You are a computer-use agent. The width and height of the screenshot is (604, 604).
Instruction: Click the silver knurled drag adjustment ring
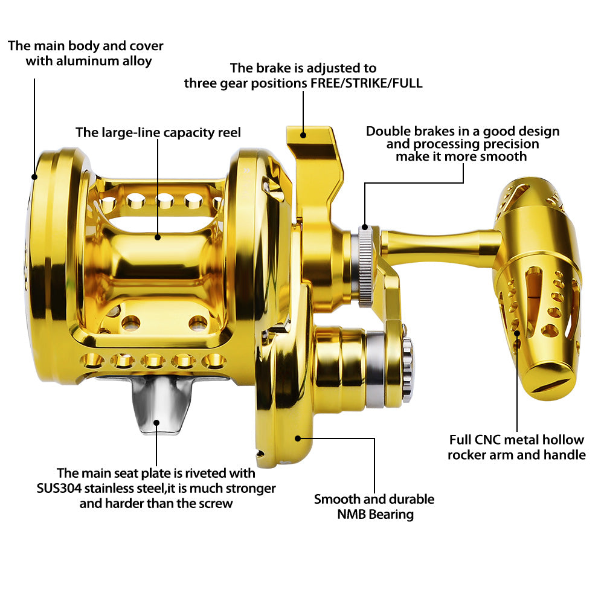tap(365, 266)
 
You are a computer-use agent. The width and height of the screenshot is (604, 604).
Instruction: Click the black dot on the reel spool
tap(158, 237)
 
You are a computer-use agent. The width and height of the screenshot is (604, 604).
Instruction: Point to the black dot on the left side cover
tap(34, 177)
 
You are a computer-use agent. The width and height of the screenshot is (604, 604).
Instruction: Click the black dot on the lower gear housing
tap(297, 439)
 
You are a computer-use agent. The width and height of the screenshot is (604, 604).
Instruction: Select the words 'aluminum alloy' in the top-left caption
tap(89, 61)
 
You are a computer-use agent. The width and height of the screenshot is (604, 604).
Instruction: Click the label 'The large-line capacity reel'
tap(158, 132)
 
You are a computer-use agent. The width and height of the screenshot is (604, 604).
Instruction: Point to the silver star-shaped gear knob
tap(408, 369)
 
